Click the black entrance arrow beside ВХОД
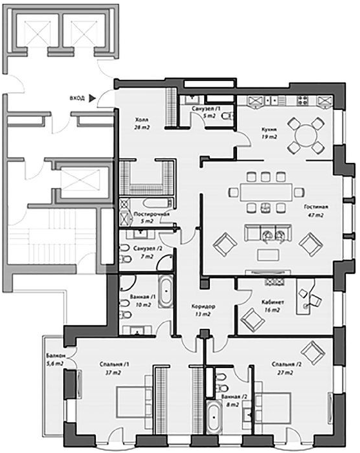(x=91, y=98)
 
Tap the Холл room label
(x=142, y=120)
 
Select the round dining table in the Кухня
(x=306, y=135)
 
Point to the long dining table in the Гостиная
(x=267, y=192)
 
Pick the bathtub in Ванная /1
(x=166, y=291)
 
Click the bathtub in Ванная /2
(x=214, y=416)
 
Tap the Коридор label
(x=204, y=306)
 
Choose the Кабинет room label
(x=272, y=302)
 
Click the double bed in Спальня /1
(x=134, y=402)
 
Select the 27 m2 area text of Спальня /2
(x=285, y=373)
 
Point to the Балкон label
(x=55, y=356)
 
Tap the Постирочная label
(x=151, y=214)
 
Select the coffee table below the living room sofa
(x=269, y=255)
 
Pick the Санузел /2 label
(x=147, y=248)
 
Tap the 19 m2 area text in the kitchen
(x=269, y=137)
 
